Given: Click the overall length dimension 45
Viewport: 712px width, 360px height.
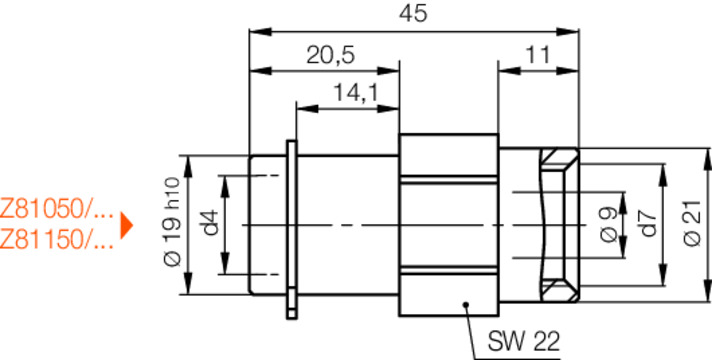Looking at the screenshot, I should tap(415, 13).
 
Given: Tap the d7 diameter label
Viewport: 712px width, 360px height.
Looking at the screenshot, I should tap(649, 223).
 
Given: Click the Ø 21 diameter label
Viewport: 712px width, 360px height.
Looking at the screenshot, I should tap(691, 223).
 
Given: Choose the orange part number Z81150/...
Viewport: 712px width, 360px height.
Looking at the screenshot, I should tap(57, 239).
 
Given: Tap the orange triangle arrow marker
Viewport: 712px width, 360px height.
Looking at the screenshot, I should tap(126, 224).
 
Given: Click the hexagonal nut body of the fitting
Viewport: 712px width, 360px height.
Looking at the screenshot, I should tap(448, 225).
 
